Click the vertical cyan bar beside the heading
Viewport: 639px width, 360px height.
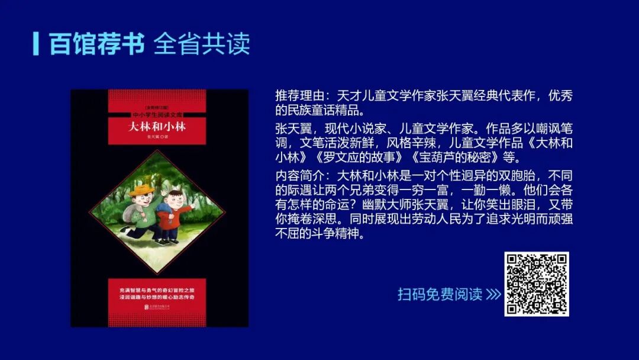click(x=36, y=43)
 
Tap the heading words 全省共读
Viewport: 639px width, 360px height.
click(x=202, y=43)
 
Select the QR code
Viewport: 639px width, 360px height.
click(x=536, y=284)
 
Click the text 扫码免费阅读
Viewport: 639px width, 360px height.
click(x=440, y=294)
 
